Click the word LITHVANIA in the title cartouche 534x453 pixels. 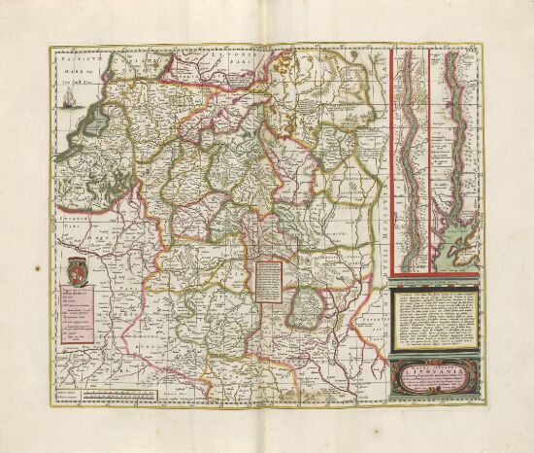(x=427, y=370)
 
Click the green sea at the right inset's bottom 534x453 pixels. (x=456, y=255)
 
